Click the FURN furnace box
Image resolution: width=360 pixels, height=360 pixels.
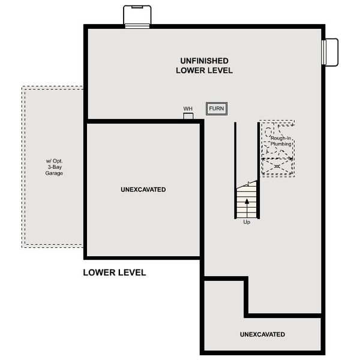[217, 109]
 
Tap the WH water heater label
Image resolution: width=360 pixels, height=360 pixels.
[188, 109]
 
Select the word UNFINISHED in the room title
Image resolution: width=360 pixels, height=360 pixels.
[204, 61]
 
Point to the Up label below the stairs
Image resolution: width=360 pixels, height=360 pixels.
[247, 222]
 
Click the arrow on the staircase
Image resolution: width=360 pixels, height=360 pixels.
[247, 204]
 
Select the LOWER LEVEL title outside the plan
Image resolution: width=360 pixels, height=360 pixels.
[114, 272]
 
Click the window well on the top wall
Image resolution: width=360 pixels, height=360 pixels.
[133, 16]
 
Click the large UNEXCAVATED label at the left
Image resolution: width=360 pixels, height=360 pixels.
[143, 190]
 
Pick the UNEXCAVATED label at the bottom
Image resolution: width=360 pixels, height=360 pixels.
[262, 334]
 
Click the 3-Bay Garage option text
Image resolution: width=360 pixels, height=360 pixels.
[54, 167]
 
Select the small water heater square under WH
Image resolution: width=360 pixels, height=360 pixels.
[188, 116]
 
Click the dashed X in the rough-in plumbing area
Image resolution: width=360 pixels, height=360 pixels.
[277, 166]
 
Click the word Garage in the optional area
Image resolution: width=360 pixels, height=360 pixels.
[54, 173]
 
